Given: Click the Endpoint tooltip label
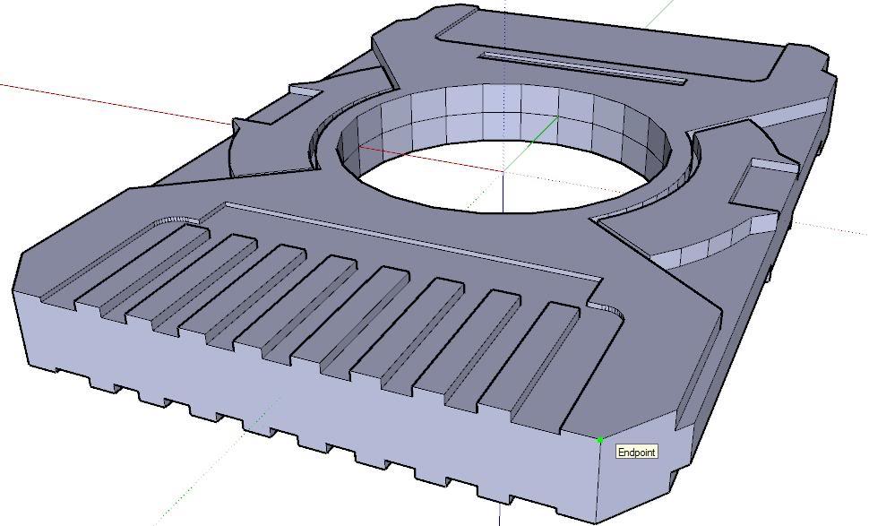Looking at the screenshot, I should (x=636, y=452).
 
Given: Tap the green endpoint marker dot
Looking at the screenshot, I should (x=599, y=440).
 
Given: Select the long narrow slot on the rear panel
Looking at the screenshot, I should (x=582, y=68).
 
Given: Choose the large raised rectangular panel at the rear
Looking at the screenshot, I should (x=618, y=45).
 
